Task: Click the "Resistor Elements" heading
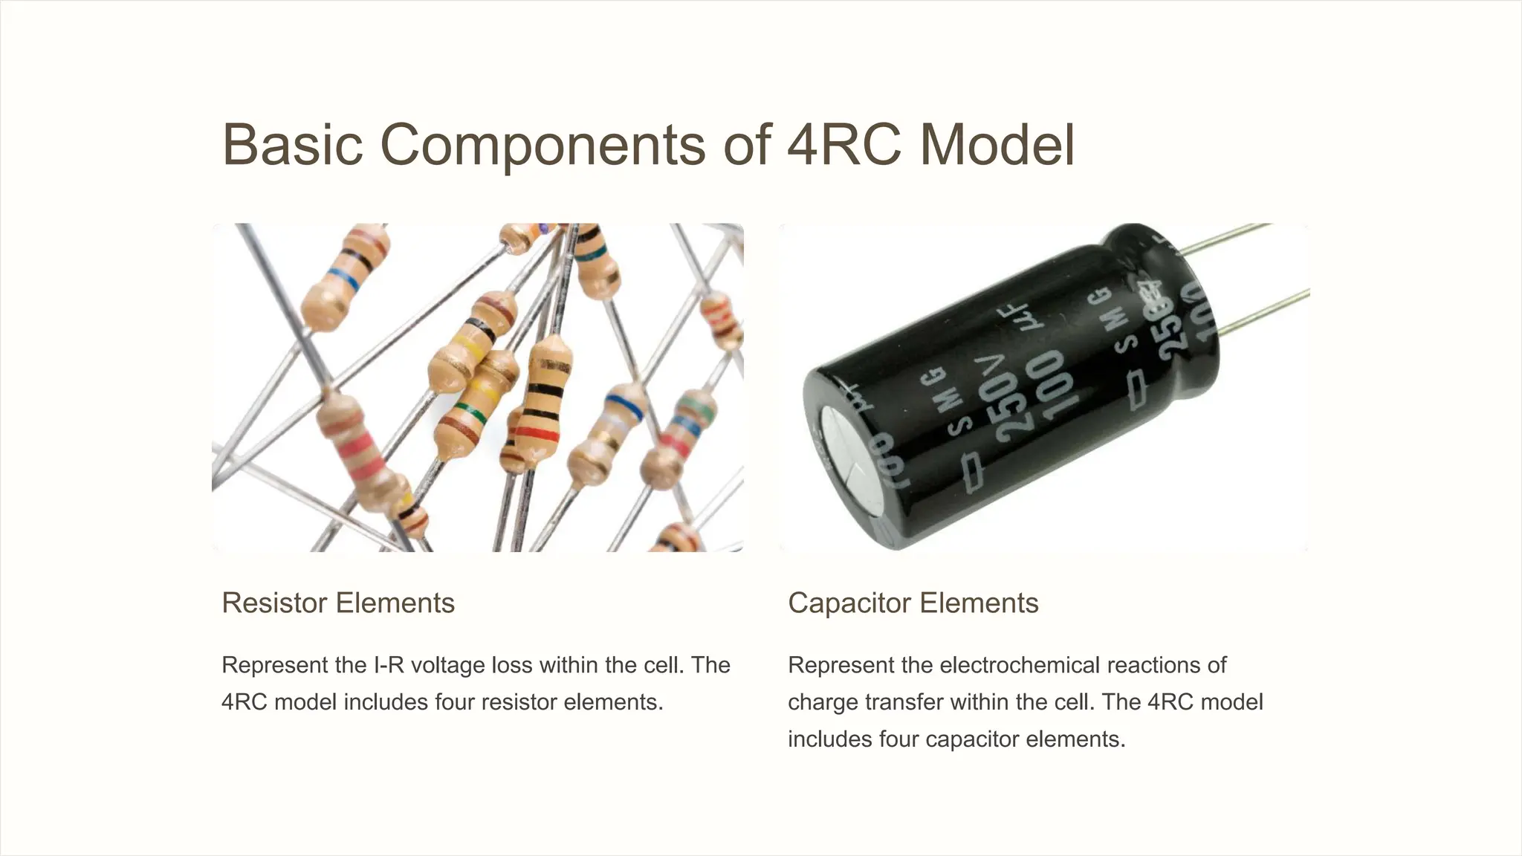[x=338, y=603]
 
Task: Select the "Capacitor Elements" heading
[x=913, y=603]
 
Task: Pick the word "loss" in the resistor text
[x=514, y=664]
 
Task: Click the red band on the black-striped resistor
[x=537, y=432]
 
